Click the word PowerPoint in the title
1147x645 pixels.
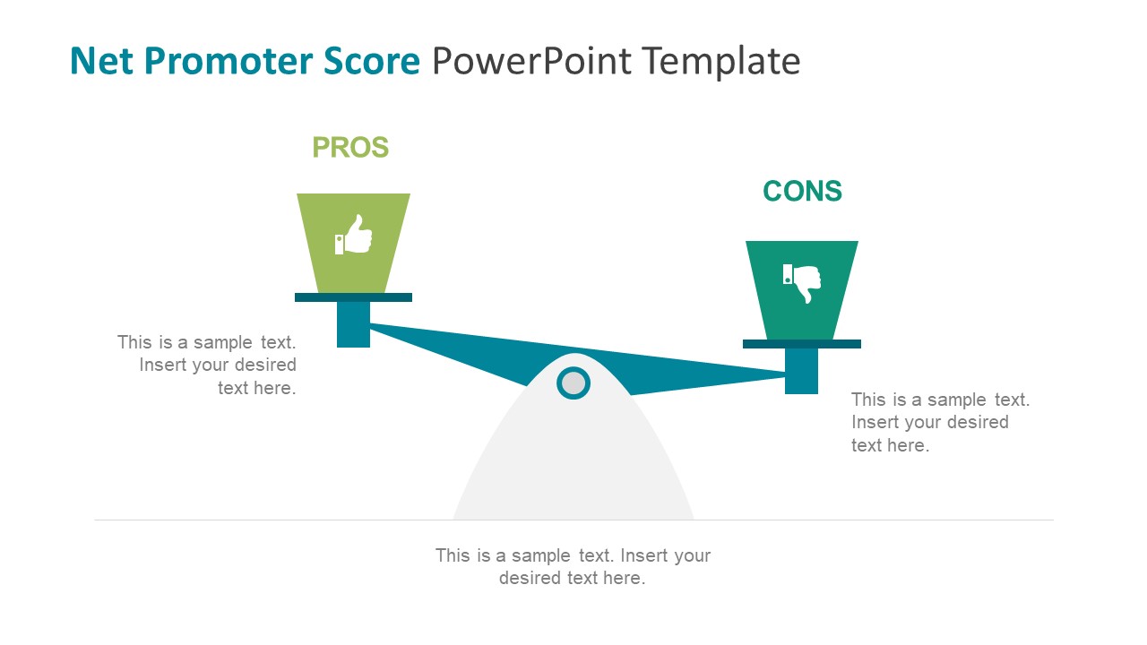point(530,62)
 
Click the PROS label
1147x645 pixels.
point(350,148)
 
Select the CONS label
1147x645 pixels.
point(802,192)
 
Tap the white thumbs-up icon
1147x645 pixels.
point(354,235)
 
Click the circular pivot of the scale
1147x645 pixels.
point(573,383)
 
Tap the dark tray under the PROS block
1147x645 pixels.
point(353,297)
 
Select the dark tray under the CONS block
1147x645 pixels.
point(802,344)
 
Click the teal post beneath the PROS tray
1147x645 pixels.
point(353,324)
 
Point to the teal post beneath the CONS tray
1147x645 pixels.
point(802,371)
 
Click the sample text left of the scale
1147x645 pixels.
point(207,365)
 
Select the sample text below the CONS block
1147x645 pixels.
point(940,422)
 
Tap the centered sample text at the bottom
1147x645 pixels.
point(573,566)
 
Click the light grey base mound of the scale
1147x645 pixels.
point(573,466)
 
